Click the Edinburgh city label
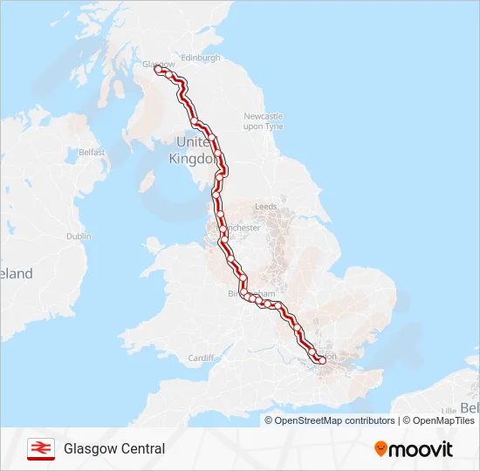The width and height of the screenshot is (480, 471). [201, 58]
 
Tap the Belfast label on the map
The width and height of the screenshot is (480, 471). [92, 152]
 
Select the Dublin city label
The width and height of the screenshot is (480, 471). [78, 236]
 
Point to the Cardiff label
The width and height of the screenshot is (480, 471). [201, 358]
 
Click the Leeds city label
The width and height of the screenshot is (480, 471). [265, 207]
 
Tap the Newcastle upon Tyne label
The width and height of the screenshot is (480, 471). [264, 121]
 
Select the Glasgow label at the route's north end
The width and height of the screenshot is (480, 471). [158, 64]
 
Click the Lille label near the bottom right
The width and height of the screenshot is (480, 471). [449, 410]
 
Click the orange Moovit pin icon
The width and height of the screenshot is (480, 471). [381, 449]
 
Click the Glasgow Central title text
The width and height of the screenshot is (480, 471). [113, 449]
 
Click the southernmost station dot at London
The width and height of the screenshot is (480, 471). [322, 359]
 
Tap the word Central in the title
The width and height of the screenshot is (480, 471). [141, 449]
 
